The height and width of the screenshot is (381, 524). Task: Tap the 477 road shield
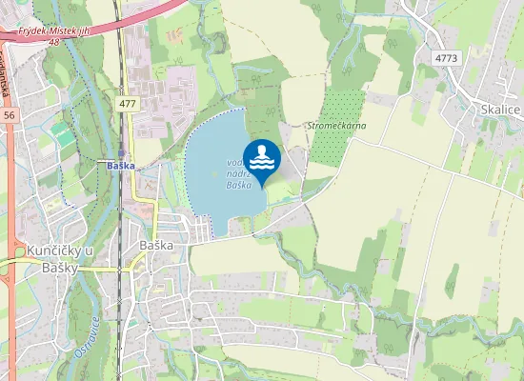click(128, 103)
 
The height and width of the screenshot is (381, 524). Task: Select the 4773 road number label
click(446, 59)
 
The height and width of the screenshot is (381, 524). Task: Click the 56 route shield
click(9, 113)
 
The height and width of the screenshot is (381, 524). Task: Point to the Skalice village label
click(501, 110)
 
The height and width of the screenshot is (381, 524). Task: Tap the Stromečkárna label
click(336, 126)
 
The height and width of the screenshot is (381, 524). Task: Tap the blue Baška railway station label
click(121, 165)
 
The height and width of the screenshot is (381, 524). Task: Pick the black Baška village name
click(156, 245)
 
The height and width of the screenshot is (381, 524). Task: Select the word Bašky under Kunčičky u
click(60, 268)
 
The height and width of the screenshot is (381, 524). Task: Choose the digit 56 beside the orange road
click(9, 113)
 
